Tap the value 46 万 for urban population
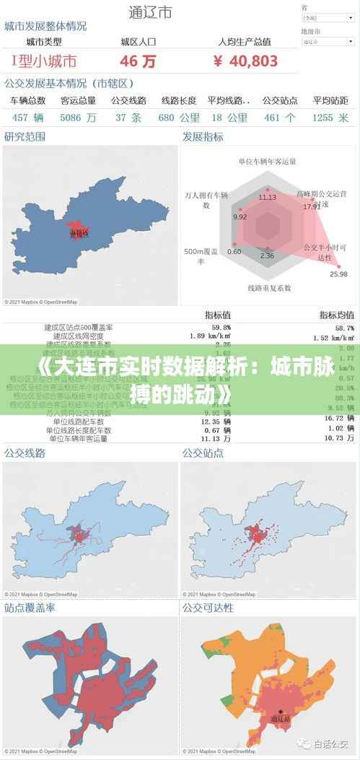click(x=138, y=61)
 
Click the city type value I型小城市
click(x=44, y=61)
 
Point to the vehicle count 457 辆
click(x=28, y=117)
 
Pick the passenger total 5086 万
click(x=79, y=117)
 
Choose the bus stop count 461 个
click(x=280, y=117)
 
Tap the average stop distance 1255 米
click(x=331, y=117)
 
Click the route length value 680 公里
click(x=179, y=117)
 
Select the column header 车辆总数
click(x=28, y=100)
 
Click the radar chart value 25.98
click(x=338, y=274)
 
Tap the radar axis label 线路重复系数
click(x=269, y=287)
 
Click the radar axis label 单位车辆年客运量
click(x=267, y=161)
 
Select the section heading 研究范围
click(x=25, y=136)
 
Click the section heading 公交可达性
click(x=208, y=608)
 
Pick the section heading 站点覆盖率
click(x=30, y=608)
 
